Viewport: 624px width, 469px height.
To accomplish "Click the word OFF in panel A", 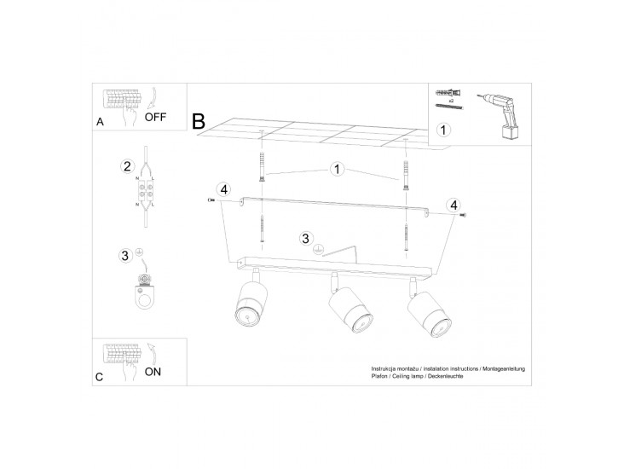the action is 155,117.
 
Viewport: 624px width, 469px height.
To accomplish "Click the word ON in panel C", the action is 153,372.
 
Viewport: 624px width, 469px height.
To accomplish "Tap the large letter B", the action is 199,121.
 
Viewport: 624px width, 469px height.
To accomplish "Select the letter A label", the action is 100,122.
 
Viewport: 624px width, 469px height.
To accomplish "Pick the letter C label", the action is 100,377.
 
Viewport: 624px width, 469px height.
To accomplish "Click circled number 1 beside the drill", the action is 443,130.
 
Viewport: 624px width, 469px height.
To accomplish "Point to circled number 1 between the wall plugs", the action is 337,169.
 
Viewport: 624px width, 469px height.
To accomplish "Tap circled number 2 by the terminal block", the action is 127,166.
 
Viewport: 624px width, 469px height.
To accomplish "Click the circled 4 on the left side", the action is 224,189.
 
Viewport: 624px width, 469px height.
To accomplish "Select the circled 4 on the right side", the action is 454,206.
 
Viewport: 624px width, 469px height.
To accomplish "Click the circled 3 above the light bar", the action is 305,239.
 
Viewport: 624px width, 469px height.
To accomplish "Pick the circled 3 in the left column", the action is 125,255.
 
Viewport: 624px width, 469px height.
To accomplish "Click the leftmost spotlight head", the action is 251,304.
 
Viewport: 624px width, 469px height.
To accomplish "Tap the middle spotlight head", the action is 350,310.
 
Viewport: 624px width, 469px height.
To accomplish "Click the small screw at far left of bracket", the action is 211,200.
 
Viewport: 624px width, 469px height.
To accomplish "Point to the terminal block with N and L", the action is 146,190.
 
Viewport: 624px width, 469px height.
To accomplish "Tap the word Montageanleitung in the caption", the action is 504,369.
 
